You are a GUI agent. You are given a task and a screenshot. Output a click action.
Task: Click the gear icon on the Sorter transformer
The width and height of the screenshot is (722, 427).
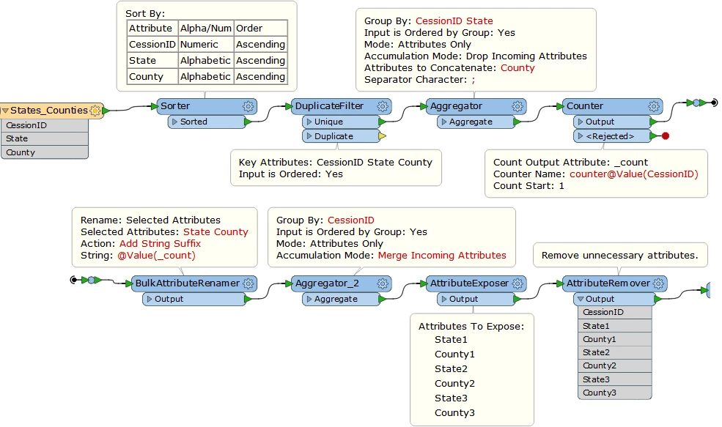tap(248, 106)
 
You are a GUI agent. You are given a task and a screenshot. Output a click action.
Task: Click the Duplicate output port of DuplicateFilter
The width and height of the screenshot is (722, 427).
tap(334, 136)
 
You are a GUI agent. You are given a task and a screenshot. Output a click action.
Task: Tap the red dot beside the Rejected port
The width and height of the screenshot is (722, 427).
tap(665, 136)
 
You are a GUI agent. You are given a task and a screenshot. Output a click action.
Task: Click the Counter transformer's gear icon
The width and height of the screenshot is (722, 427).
tap(655, 106)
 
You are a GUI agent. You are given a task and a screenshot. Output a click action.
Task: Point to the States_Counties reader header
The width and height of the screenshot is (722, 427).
tap(44, 111)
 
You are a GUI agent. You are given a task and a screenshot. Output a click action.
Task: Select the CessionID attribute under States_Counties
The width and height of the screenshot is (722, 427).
tap(27, 125)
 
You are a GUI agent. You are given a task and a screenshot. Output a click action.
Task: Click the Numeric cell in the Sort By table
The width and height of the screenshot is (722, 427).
tap(199, 44)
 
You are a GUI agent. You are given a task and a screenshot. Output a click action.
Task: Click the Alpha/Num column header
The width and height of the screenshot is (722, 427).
tap(205, 28)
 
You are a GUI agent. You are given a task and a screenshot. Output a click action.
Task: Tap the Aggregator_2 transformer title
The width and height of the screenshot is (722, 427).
tap(327, 283)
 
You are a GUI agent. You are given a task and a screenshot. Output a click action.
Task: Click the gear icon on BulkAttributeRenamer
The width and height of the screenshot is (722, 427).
tap(249, 283)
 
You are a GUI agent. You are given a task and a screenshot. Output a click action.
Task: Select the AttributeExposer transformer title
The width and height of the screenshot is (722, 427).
tap(468, 283)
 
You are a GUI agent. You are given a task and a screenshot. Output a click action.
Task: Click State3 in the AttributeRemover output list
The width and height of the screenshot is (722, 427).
tap(596, 379)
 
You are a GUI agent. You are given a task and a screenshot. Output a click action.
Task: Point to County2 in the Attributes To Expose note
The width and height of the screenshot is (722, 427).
tap(454, 383)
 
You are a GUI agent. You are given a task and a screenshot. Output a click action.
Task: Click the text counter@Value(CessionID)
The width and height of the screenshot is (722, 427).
tap(633, 174)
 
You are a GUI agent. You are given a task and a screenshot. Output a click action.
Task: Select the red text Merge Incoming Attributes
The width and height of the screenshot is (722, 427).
tap(442, 255)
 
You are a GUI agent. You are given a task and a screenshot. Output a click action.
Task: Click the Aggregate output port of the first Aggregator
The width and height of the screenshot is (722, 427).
tap(471, 122)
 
